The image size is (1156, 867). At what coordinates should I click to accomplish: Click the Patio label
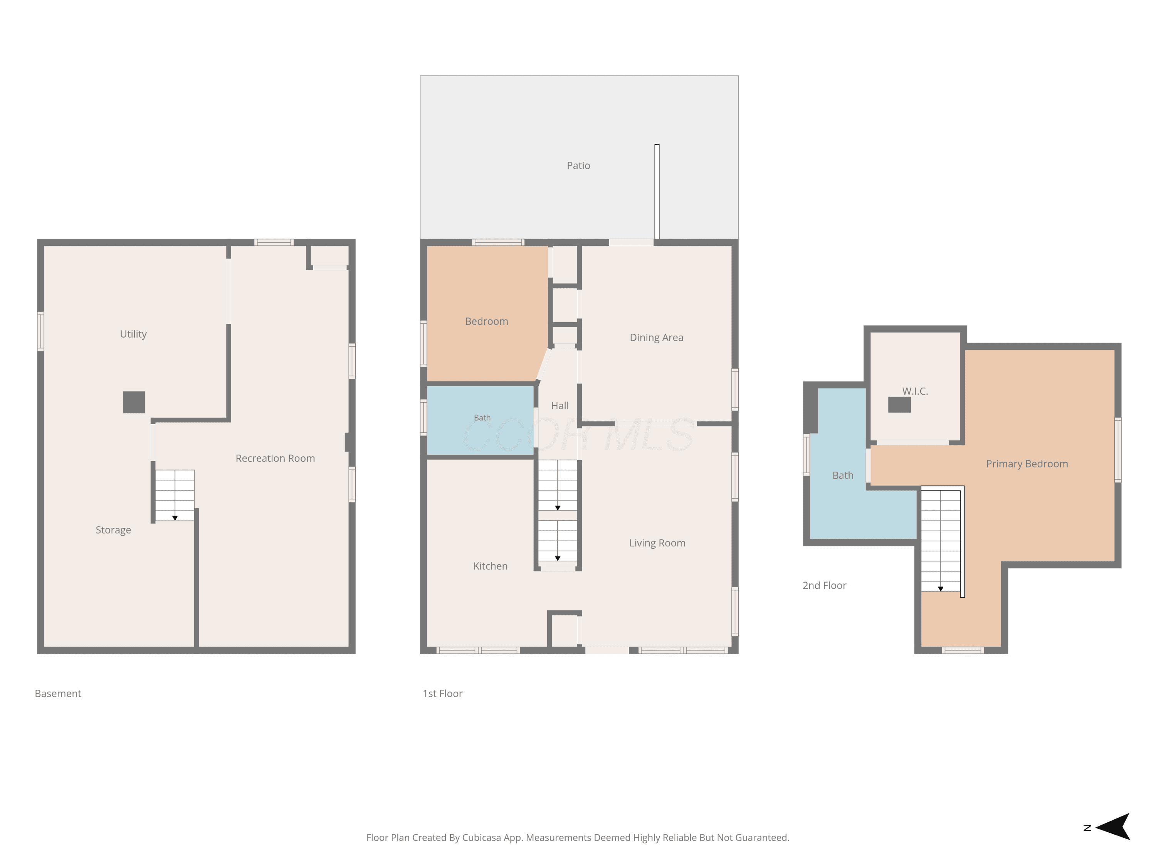578,166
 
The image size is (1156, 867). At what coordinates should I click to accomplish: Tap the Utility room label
133,334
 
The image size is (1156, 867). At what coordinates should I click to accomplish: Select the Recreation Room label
276,458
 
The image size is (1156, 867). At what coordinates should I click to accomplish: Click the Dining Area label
656,338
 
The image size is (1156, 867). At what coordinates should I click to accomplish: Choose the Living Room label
657,543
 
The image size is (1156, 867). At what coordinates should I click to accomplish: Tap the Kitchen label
490,566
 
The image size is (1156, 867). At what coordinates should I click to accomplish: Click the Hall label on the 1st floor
560,405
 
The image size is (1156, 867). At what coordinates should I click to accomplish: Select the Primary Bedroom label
1027,464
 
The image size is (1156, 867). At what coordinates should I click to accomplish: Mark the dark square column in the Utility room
134,402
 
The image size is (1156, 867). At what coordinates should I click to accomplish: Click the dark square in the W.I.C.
899,405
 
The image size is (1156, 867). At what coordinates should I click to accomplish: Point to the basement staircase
175,495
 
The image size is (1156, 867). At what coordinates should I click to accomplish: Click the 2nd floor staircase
941,540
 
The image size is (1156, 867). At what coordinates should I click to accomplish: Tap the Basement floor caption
58,694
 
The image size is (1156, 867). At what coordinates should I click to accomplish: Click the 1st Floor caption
443,694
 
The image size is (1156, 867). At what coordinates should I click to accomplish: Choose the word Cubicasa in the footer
482,838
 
